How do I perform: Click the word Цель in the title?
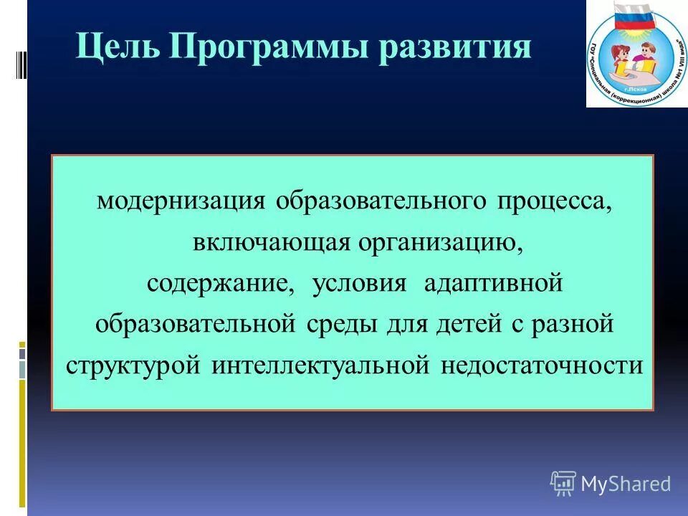click(117, 48)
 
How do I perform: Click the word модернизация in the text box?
click(182, 201)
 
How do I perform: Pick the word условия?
click(358, 283)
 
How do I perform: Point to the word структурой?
click(135, 365)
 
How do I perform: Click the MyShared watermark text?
click(626, 484)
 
